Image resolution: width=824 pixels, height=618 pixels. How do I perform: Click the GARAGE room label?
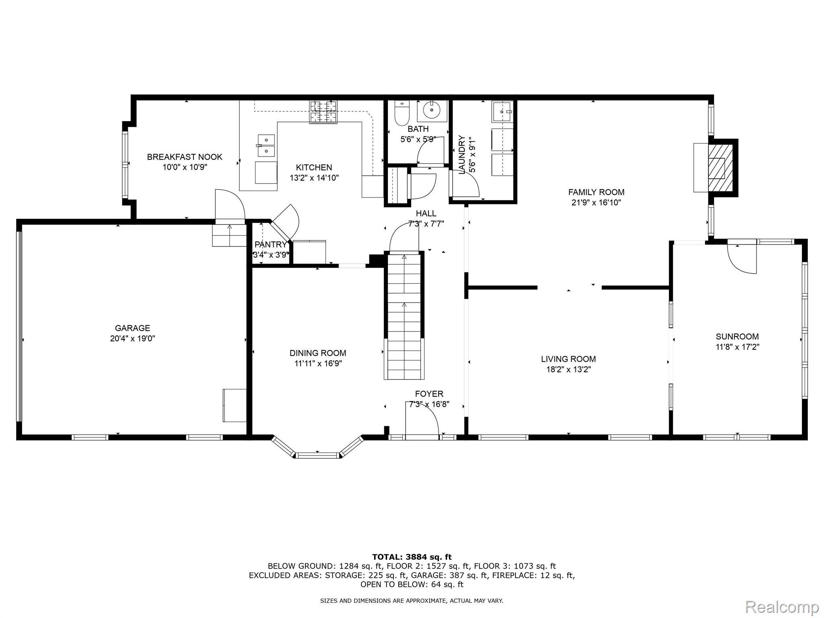(x=132, y=328)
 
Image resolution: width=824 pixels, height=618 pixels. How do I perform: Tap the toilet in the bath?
(x=401, y=113)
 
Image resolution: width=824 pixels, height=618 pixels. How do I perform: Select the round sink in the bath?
(x=432, y=109)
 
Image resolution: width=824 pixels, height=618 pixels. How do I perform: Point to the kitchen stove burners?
(x=323, y=112)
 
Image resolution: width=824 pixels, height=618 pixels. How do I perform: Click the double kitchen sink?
(x=266, y=146)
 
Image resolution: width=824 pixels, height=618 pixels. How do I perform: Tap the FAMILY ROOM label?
(x=596, y=192)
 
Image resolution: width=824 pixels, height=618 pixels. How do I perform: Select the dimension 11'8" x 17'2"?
(x=737, y=347)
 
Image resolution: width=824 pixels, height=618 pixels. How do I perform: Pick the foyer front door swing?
(x=422, y=418)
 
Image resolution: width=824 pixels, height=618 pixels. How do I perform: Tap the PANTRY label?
(x=270, y=245)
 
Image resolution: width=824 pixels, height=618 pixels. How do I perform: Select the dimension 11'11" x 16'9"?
(x=318, y=363)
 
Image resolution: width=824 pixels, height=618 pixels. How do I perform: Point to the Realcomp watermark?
(x=782, y=606)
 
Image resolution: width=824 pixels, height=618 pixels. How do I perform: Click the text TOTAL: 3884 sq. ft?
(x=412, y=557)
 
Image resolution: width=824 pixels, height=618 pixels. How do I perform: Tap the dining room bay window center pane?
(x=317, y=455)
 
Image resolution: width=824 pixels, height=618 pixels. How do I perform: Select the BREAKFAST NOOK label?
(x=184, y=157)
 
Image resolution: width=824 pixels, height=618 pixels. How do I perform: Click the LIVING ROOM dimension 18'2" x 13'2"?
(x=568, y=369)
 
